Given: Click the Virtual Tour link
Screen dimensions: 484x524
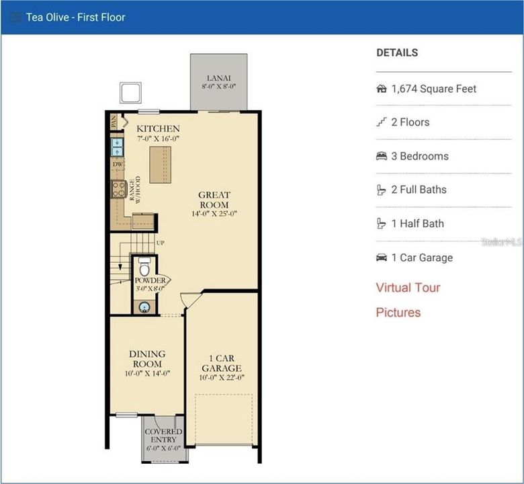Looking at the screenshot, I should (408, 288).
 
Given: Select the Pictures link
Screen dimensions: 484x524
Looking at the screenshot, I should (398, 313).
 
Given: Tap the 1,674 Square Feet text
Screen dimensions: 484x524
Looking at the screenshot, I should (434, 89).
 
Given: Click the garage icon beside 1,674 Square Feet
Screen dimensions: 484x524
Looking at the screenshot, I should (382, 89).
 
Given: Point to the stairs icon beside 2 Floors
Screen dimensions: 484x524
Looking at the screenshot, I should (382, 122).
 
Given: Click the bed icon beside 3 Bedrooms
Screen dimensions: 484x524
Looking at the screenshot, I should (382, 156).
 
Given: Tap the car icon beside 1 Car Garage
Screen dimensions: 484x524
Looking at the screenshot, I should (382, 257).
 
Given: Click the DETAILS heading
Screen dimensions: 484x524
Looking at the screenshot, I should (397, 52).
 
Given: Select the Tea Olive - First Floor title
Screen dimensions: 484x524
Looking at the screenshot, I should (75, 17).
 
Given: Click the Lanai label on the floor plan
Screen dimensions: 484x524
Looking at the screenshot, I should (218, 78).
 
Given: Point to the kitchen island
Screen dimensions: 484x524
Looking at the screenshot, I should (160, 163).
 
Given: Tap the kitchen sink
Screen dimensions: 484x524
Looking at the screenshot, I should (118, 147).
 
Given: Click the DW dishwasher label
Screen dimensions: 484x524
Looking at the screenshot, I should (118, 164).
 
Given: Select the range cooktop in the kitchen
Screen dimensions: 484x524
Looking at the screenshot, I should (118, 188).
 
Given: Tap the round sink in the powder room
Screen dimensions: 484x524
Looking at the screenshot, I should (144, 307).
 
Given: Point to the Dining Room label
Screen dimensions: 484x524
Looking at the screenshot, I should (148, 359).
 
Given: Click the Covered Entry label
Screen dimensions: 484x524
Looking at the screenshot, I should (163, 436).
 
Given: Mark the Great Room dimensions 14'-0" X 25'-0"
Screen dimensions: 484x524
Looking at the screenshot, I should (214, 214).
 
